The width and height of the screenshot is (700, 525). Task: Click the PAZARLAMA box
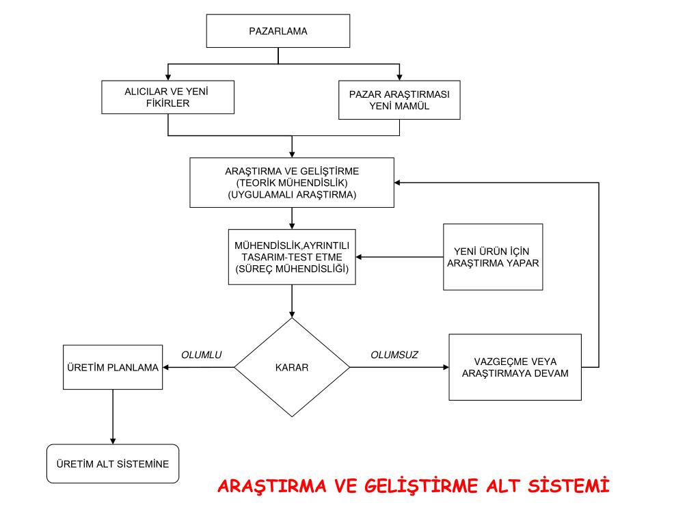coord(278,31)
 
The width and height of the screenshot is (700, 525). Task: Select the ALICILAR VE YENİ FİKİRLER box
coord(167,97)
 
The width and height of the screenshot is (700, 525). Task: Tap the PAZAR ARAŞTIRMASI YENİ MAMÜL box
coord(399,100)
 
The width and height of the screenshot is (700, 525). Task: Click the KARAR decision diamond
coord(292,367)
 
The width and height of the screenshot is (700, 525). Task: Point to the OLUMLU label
coord(202,355)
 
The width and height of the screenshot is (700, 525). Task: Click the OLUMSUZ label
coord(394,355)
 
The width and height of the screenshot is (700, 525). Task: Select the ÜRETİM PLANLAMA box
coord(113,367)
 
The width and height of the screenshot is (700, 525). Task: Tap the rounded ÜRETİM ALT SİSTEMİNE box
coord(113,463)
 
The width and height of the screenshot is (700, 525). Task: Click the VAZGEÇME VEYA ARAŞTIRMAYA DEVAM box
coord(515,367)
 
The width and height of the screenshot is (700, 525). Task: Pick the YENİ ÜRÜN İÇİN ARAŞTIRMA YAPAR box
coord(493,256)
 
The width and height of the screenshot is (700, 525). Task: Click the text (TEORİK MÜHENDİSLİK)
coord(292,183)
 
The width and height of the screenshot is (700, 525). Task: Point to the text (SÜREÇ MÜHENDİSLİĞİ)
coord(292,269)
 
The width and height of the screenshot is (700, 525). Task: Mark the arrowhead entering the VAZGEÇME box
coord(444,367)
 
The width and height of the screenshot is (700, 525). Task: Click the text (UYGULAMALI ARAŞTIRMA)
coord(292,194)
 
